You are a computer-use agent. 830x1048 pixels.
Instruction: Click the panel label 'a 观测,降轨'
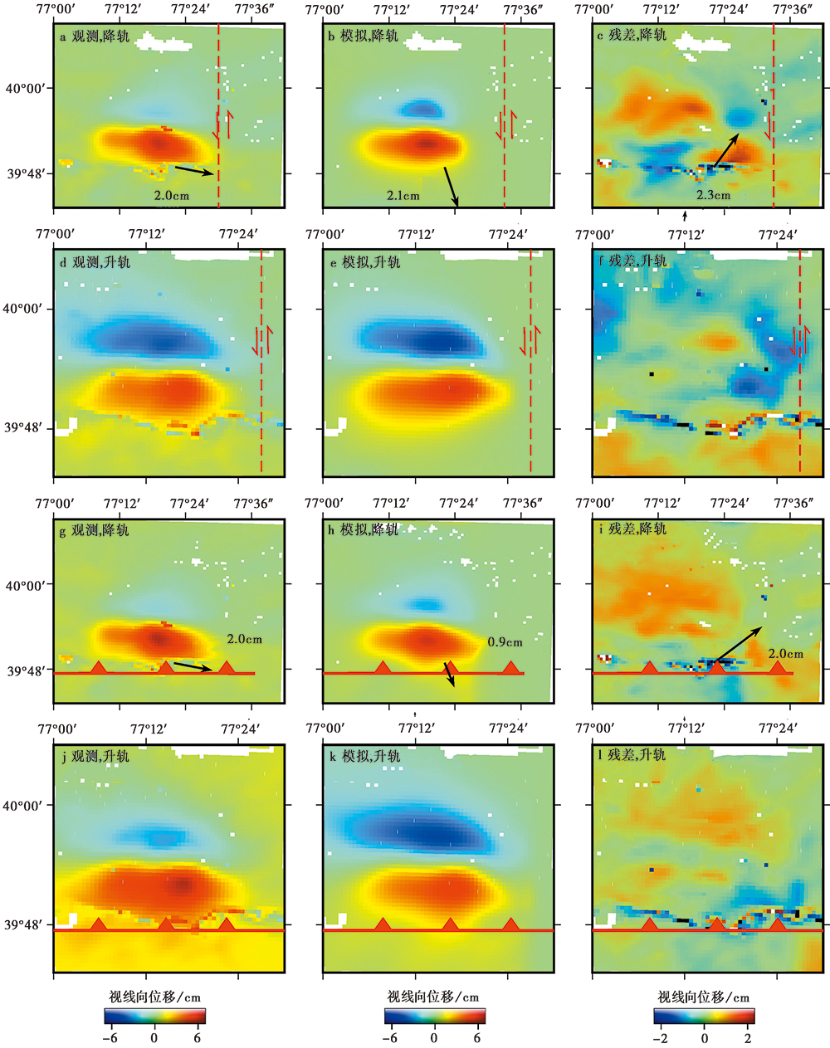95,37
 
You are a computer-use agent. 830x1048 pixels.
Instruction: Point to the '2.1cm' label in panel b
403,196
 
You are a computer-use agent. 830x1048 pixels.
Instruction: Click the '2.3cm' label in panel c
713,196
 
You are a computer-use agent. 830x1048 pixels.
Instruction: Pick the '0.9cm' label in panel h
505,642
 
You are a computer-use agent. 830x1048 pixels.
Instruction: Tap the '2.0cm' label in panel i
785,654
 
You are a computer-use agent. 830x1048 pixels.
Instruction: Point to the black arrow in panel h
450,675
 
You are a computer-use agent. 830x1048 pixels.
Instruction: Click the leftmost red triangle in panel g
98,667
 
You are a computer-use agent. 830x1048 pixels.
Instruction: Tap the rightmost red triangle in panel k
510,924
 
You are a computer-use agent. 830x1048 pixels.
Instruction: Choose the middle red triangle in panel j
166,924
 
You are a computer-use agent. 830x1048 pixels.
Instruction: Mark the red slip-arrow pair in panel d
262,341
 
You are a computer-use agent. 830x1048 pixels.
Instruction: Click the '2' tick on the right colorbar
748,1038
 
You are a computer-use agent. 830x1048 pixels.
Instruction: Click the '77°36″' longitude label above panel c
793,10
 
